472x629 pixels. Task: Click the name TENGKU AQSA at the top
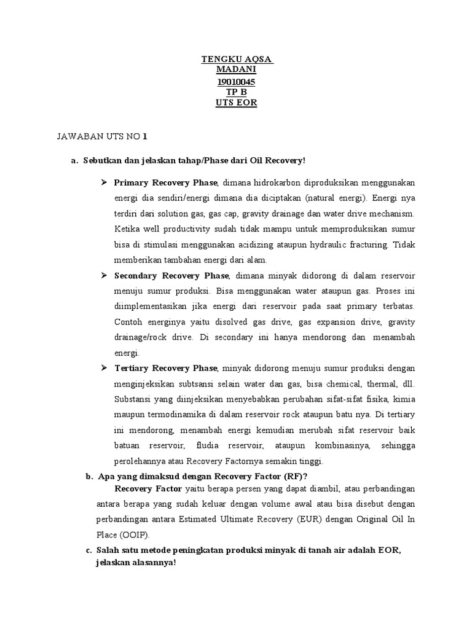click(x=237, y=60)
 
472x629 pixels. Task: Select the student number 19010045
click(x=236, y=82)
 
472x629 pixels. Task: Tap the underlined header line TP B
click(x=236, y=92)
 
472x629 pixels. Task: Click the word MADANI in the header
click(x=236, y=71)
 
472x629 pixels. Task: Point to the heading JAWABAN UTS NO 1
click(x=102, y=136)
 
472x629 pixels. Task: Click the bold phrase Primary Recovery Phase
click(x=166, y=183)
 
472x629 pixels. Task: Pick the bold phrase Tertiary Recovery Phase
click(x=166, y=369)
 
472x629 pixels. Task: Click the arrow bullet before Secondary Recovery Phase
click(x=104, y=276)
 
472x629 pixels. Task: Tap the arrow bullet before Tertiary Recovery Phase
click(x=104, y=369)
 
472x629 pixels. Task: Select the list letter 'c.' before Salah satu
click(x=88, y=550)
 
